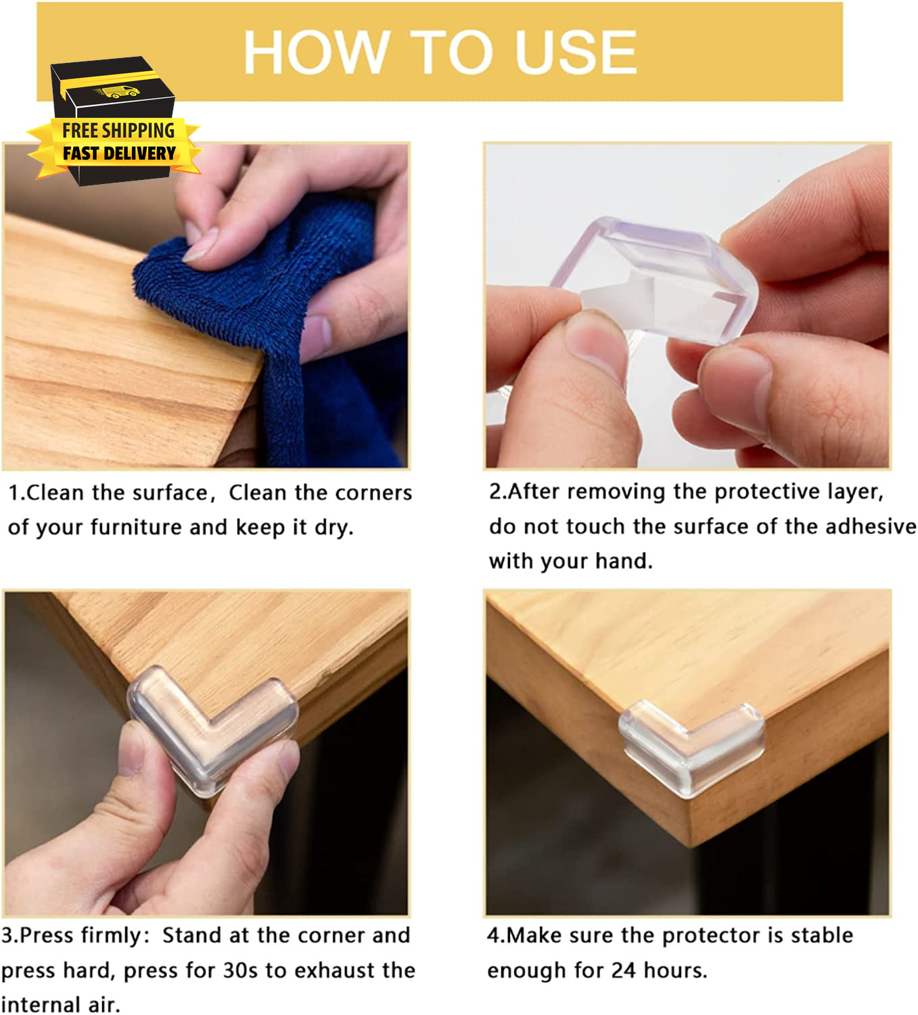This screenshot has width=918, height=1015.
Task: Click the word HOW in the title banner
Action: (x=317, y=52)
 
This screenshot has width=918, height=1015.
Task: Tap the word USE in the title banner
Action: (x=576, y=52)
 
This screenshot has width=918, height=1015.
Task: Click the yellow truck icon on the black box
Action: (x=118, y=91)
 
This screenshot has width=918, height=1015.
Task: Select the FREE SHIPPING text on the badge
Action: (x=118, y=131)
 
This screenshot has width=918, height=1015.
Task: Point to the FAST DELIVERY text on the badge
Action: (x=119, y=154)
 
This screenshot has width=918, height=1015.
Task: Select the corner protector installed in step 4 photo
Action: (x=691, y=748)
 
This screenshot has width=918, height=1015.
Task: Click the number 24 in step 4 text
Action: (x=624, y=970)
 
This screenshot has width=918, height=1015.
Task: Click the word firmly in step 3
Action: (x=116, y=936)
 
